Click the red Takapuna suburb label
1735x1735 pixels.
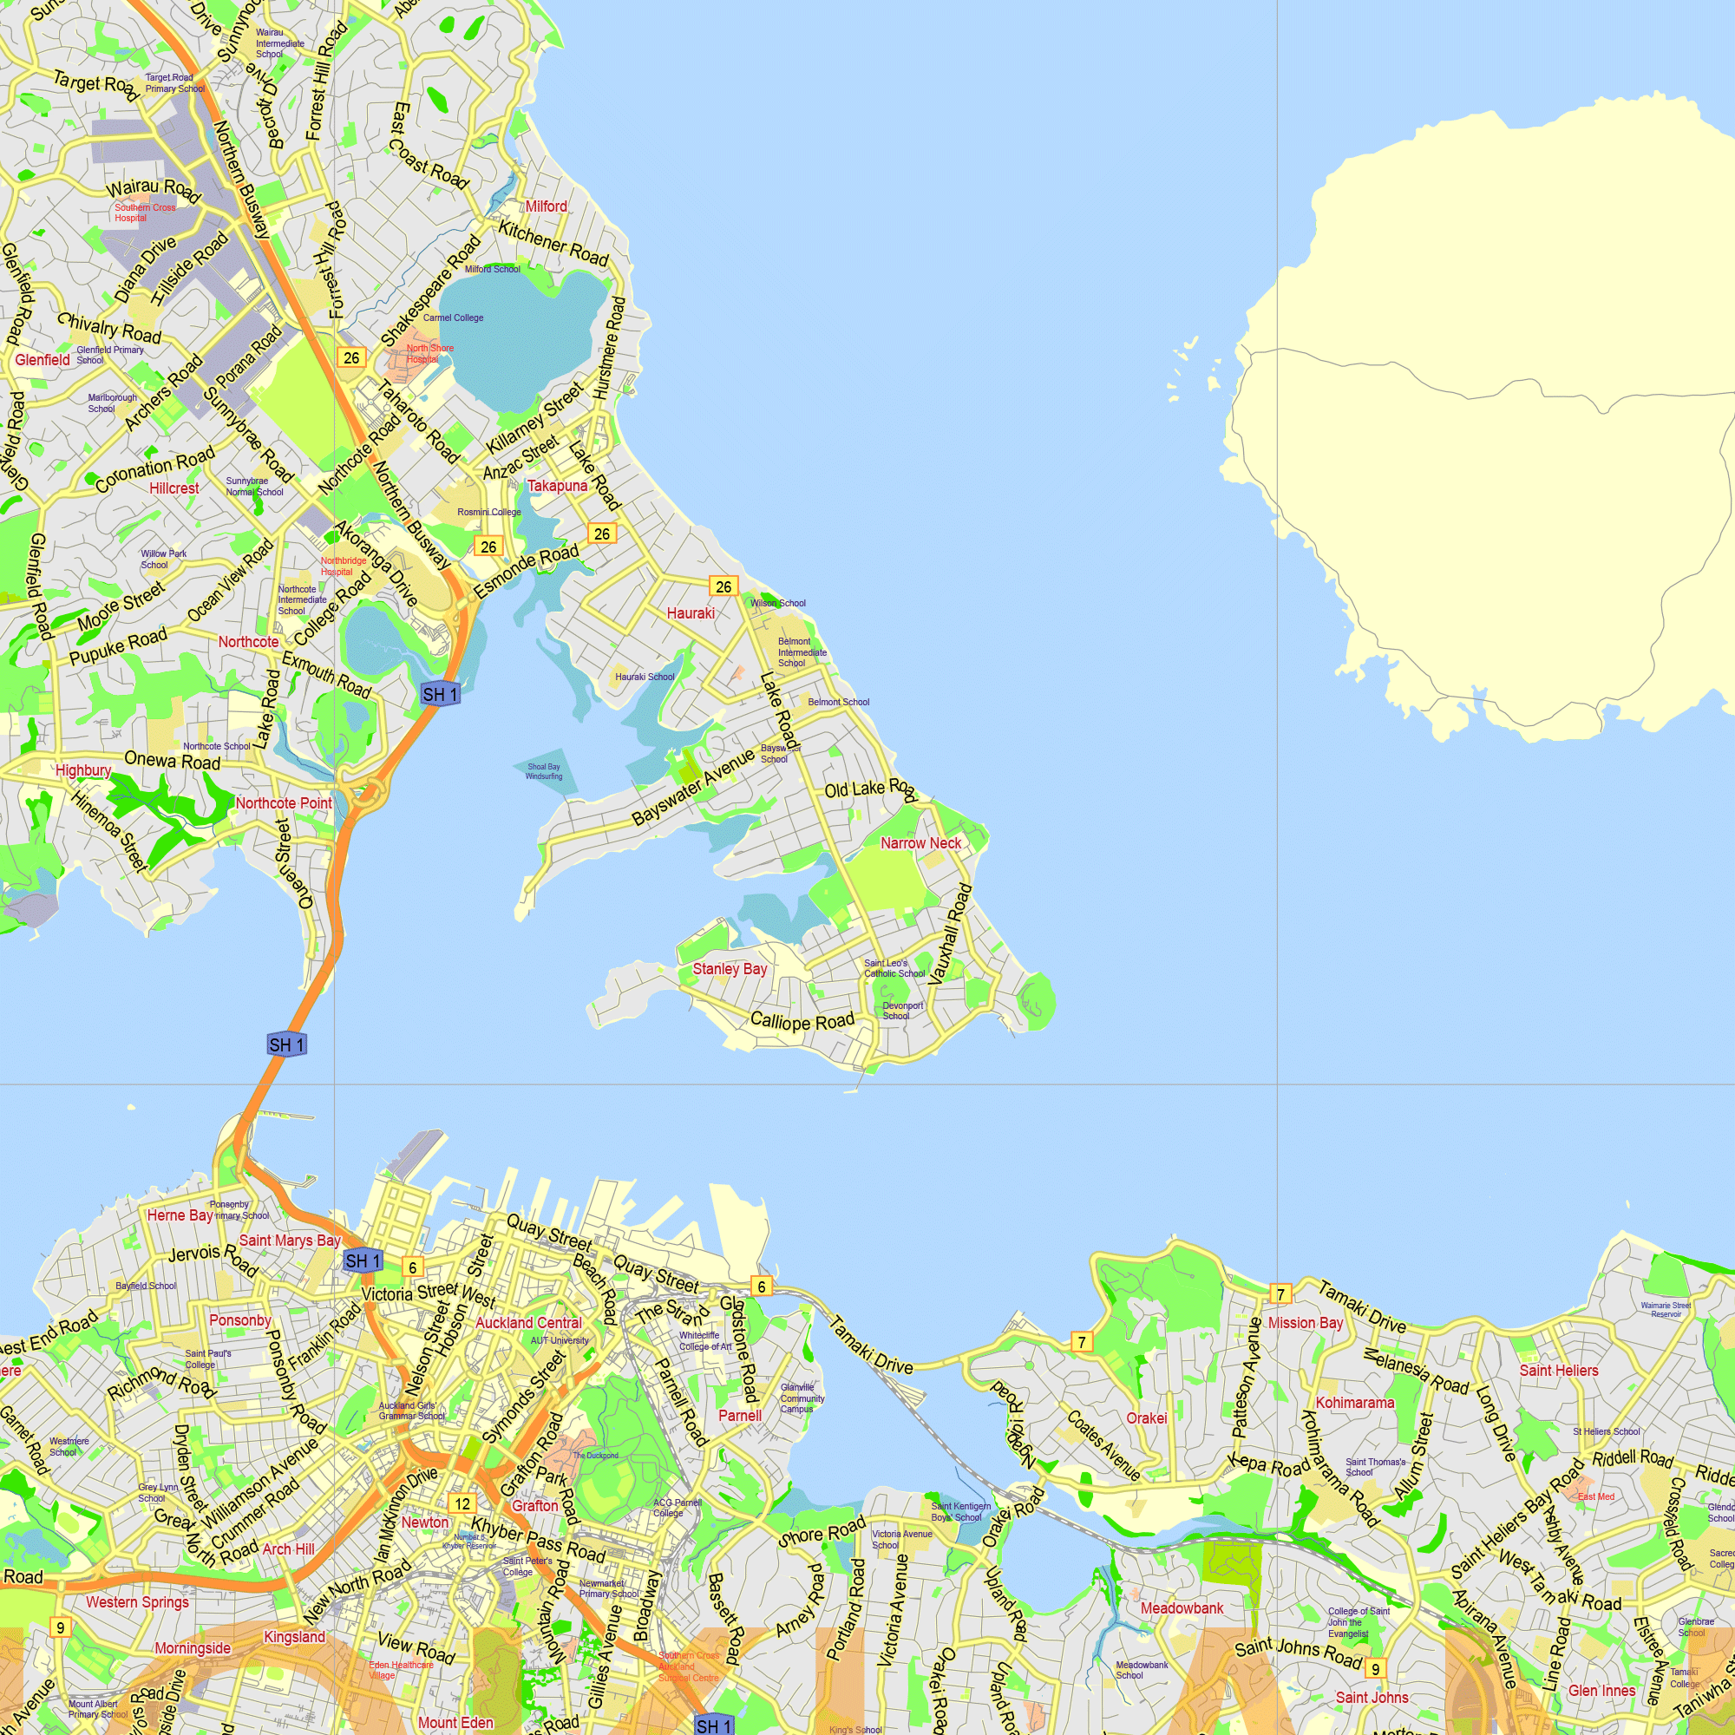pos(557,486)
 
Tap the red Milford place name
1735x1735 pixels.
pos(546,206)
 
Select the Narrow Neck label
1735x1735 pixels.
pos(920,842)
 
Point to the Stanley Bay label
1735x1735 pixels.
pos(730,968)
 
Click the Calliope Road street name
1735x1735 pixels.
pos(802,1021)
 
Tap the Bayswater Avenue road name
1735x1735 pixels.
pos(693,788)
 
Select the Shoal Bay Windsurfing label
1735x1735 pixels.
pos(543,771)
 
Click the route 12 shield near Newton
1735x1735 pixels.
pos(462,1503)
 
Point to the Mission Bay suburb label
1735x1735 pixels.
pos(1305,1323)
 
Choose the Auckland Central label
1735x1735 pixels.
pos(528,1323)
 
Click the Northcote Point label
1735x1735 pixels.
pos(283,802)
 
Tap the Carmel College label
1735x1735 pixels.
pos(453,318)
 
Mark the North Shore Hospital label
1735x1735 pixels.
pos(429,353)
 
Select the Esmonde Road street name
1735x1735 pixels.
pos(526,571)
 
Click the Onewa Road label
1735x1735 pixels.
pos(172,761)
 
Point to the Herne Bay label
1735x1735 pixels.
pos(180,1215)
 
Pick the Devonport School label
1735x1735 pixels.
pos(901,1011)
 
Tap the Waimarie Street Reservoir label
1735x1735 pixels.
pos(1665,1309)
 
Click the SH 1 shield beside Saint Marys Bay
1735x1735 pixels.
pos(363,1260)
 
